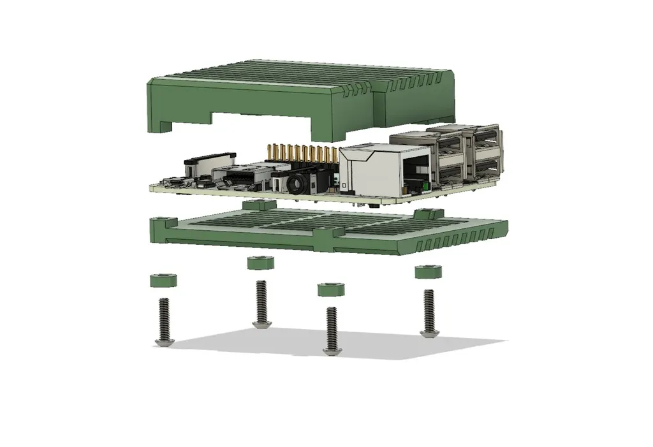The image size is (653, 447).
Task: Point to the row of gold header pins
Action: click(302, 154)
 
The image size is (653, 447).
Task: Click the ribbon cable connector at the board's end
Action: click(207, 159)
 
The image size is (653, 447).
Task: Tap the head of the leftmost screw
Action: click(164, 342)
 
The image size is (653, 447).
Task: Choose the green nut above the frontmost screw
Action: click(331, 289)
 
